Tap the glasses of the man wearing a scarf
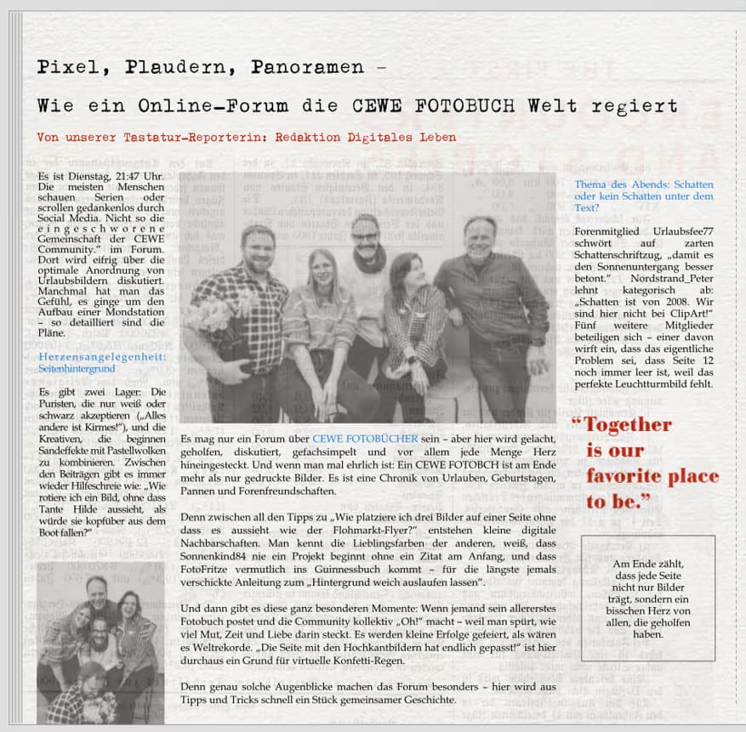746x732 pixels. [365, 235]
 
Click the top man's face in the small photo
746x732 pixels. [98, 589]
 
